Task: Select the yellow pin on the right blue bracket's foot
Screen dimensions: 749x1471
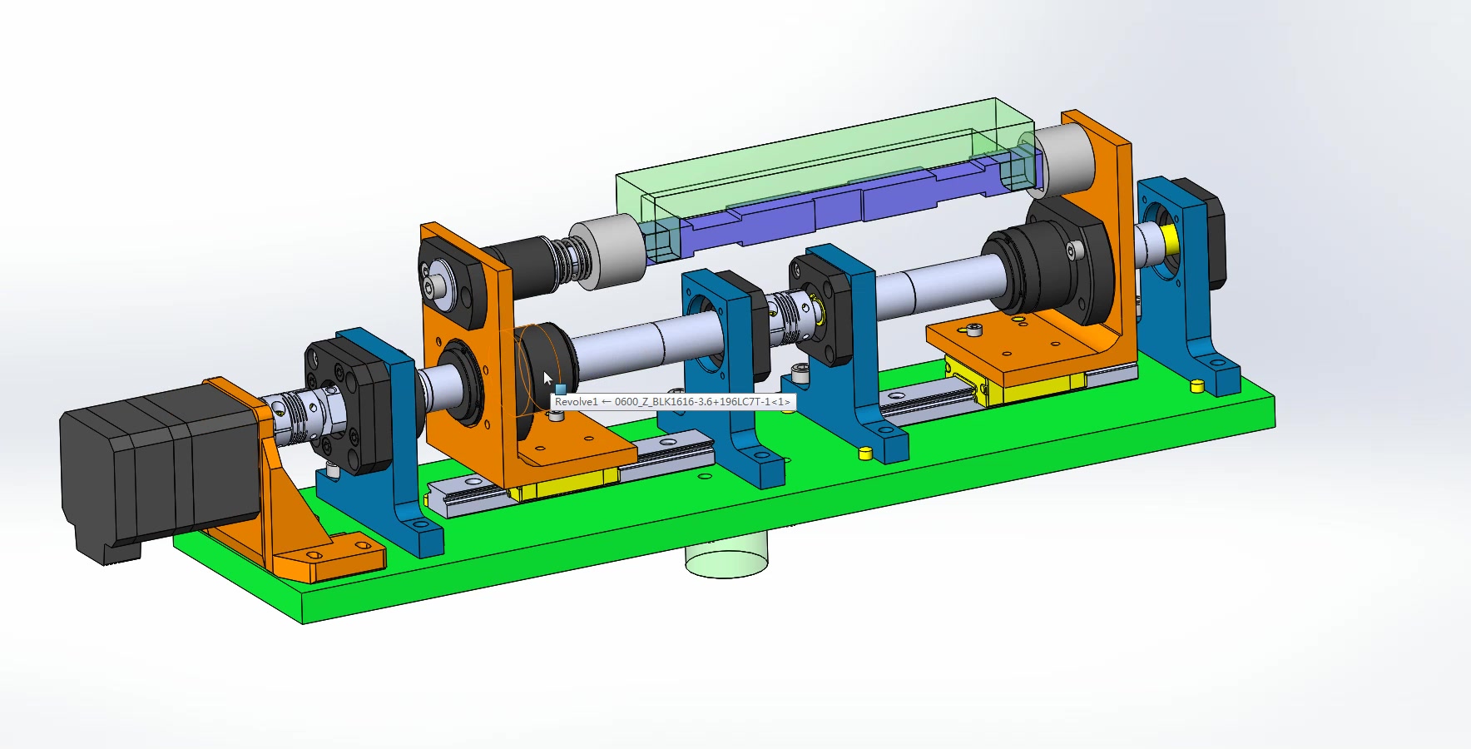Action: (1196, 385)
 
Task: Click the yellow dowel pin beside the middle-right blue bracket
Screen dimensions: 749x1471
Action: (864, 454)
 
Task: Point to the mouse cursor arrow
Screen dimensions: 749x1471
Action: (547, 379)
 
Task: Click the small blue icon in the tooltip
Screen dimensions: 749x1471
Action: (561, 389)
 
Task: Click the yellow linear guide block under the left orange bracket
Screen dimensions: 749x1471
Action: (566, 484)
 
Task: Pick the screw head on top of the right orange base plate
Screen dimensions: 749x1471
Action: (976, 330)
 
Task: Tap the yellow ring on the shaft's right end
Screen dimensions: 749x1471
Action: (1171, 240)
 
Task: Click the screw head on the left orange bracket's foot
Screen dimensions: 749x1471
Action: (557, 414)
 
